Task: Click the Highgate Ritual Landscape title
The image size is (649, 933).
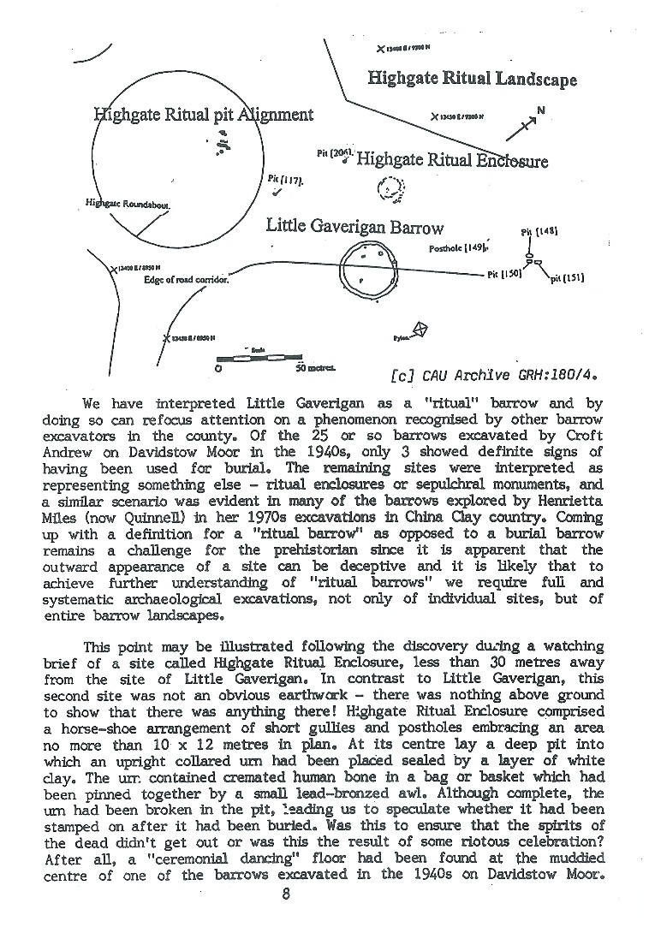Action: (472, 79)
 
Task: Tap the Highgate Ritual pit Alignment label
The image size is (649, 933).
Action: (203, 115)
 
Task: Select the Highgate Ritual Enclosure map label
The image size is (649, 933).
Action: (451, 160)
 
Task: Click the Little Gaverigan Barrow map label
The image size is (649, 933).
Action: (354, 227)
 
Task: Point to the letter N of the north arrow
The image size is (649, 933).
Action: (540, 110)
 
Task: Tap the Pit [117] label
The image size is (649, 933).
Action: (281, 179)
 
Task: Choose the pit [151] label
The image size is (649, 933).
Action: (567, 276)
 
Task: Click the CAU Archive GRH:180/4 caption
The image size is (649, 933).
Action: (492, 374)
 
